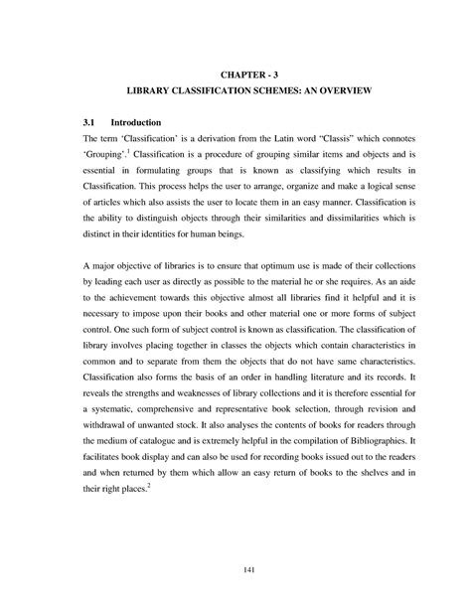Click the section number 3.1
click(x=89, y=121)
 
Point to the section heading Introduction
click(x=134, y=121)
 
